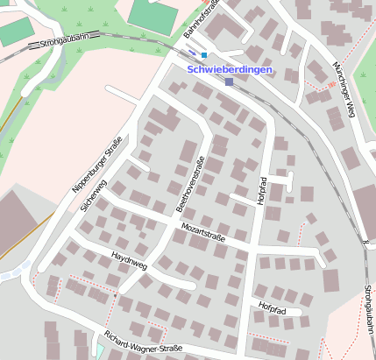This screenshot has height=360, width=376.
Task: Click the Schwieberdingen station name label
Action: (231, 69)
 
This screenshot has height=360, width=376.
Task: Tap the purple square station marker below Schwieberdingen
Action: (229, 82)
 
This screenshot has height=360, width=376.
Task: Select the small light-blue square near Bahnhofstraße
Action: (204, 54)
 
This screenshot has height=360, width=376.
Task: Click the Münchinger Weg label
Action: (343, 86)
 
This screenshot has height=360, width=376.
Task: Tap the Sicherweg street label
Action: (93, 194)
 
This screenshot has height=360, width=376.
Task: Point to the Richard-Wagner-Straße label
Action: (142, 342)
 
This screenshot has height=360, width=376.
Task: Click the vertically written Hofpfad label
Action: (262, 191)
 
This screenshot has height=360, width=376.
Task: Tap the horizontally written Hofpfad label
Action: (273, 307)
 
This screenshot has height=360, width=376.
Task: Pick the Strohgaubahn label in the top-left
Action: (65, 40)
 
